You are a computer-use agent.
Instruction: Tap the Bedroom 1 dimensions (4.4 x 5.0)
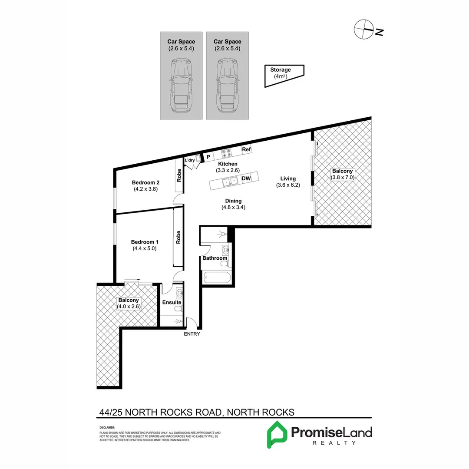pos(145,249)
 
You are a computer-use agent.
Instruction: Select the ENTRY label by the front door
pos(192,334)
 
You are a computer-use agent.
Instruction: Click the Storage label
pos(281,69)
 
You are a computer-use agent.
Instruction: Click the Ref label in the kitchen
pos(247,149)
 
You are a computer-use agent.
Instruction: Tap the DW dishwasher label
pos(246,178)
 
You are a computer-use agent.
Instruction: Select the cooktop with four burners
pos(227,153)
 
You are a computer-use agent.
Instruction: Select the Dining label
pos(233,201)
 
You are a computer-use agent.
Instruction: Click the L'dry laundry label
pos(190,161)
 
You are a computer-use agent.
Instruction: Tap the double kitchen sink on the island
pos(229,181)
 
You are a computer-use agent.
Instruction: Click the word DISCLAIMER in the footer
pos(107,428)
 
